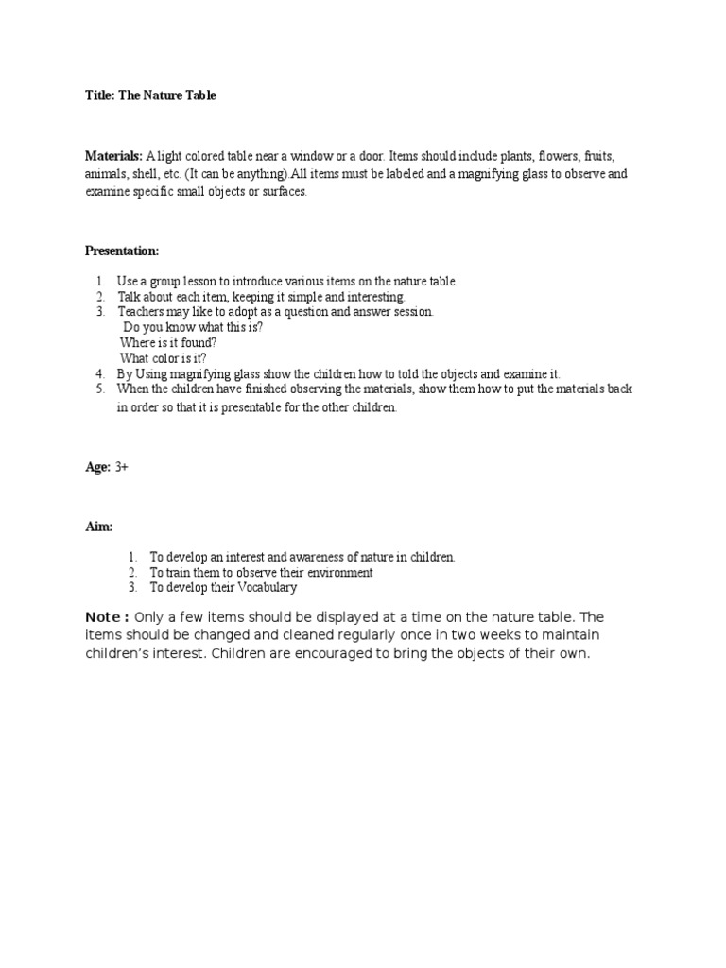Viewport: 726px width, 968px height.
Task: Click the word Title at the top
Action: pos(98,95)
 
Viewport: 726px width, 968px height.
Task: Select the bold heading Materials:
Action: pos(113,156)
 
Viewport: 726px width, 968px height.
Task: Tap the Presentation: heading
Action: pos(122,251)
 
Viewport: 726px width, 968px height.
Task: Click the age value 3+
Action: pos(122,467)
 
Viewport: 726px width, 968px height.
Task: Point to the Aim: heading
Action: pos(98,526)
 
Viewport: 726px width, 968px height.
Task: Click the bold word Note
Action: pos(105,618)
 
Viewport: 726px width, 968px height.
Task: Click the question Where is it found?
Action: pos(168,343)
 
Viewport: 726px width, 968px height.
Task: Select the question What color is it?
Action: pos(163,358)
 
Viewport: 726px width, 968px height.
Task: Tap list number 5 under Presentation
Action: pos(100,389)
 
